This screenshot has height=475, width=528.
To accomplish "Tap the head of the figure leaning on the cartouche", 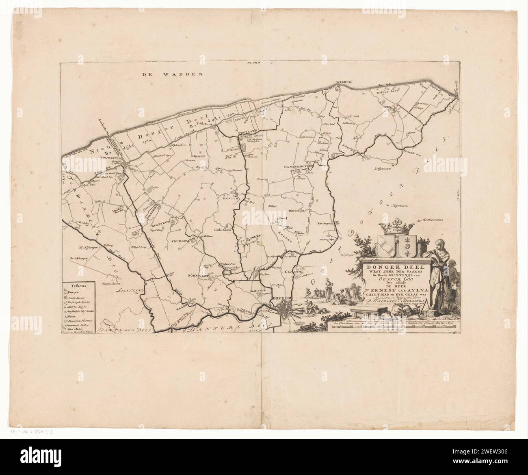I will point(439,244).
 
